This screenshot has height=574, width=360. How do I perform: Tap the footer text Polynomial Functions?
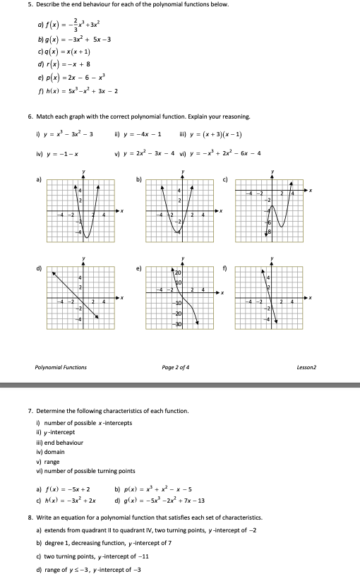point(61,366)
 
